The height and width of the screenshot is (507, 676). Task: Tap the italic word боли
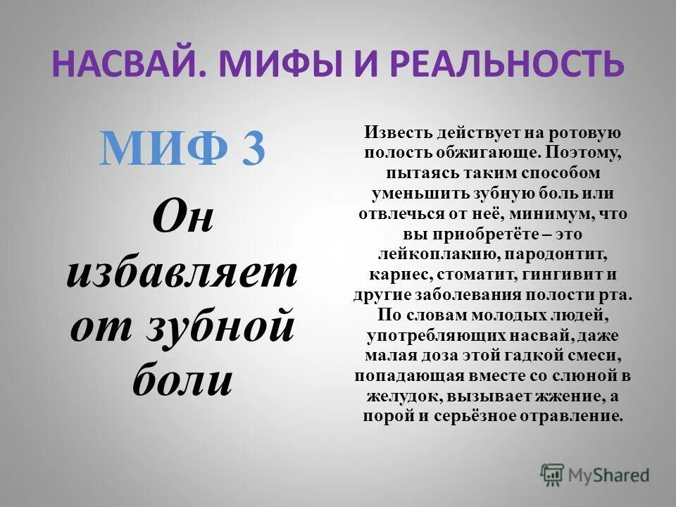click(182, 381)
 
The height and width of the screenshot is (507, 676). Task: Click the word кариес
click(397, 274)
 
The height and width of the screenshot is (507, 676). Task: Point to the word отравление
click(572, 415)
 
